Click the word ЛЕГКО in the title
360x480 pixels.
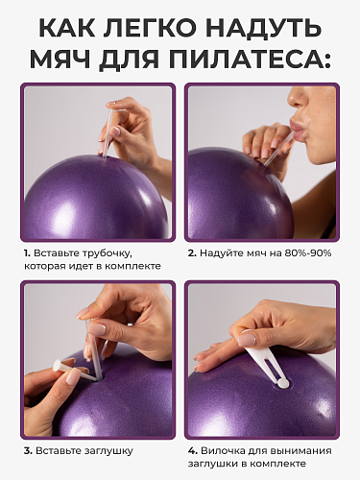(150, 28)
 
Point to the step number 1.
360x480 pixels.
(27, 253)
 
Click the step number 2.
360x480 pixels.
(192, 253)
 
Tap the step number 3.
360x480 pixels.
(28, 451)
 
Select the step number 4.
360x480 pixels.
(192, 451)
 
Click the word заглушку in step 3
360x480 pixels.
(108, 451)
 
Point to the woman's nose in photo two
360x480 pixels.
(296, 99)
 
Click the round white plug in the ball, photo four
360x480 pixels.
(283, 382)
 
